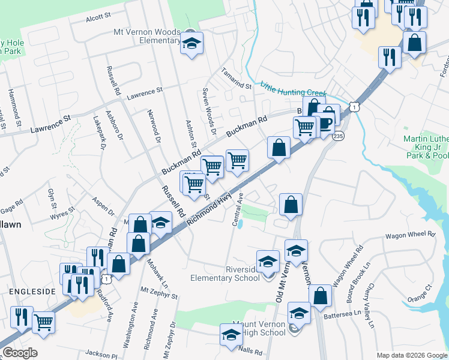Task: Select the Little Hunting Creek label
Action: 293,91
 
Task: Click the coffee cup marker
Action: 325,124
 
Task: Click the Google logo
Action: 20,353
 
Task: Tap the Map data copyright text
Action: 411,355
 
